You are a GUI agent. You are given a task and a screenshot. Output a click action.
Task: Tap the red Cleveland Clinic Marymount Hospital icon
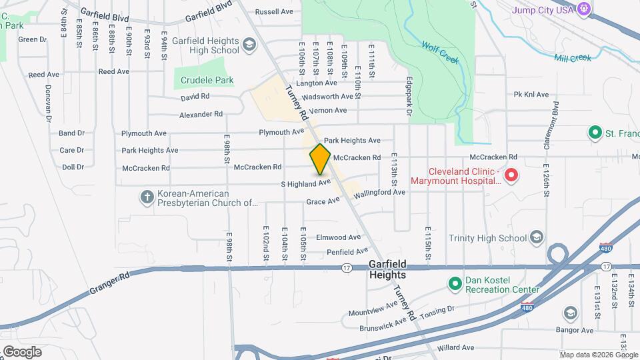[x=511, y=175]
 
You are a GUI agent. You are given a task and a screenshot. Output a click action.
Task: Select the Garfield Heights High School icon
[x=249, y=45]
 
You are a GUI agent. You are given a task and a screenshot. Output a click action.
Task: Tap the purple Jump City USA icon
[x=584, y=9]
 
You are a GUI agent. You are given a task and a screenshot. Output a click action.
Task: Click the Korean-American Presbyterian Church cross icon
[x=147, y=197]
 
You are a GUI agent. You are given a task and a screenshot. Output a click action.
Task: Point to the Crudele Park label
[x=207, y=81]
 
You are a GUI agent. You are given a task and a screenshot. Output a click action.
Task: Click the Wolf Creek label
[x=440, y=53]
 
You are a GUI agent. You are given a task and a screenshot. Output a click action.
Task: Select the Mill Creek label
[x=572, y=58]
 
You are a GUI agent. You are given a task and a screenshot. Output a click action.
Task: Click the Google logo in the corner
[x=22, y=351]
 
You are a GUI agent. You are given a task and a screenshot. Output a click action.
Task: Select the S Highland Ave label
[x=305, y=183]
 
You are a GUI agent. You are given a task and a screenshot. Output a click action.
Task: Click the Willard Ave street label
[x=455, y=347]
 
